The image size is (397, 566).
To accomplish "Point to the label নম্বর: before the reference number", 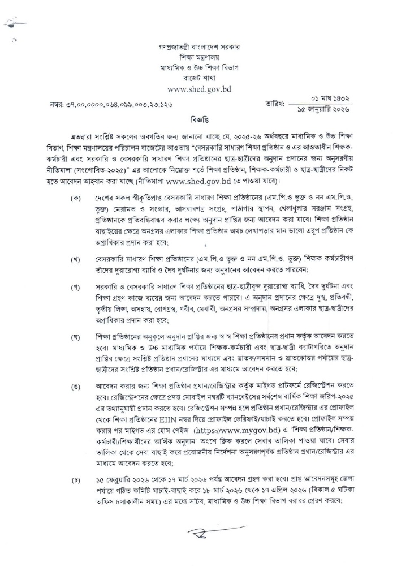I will pos(58,105).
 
